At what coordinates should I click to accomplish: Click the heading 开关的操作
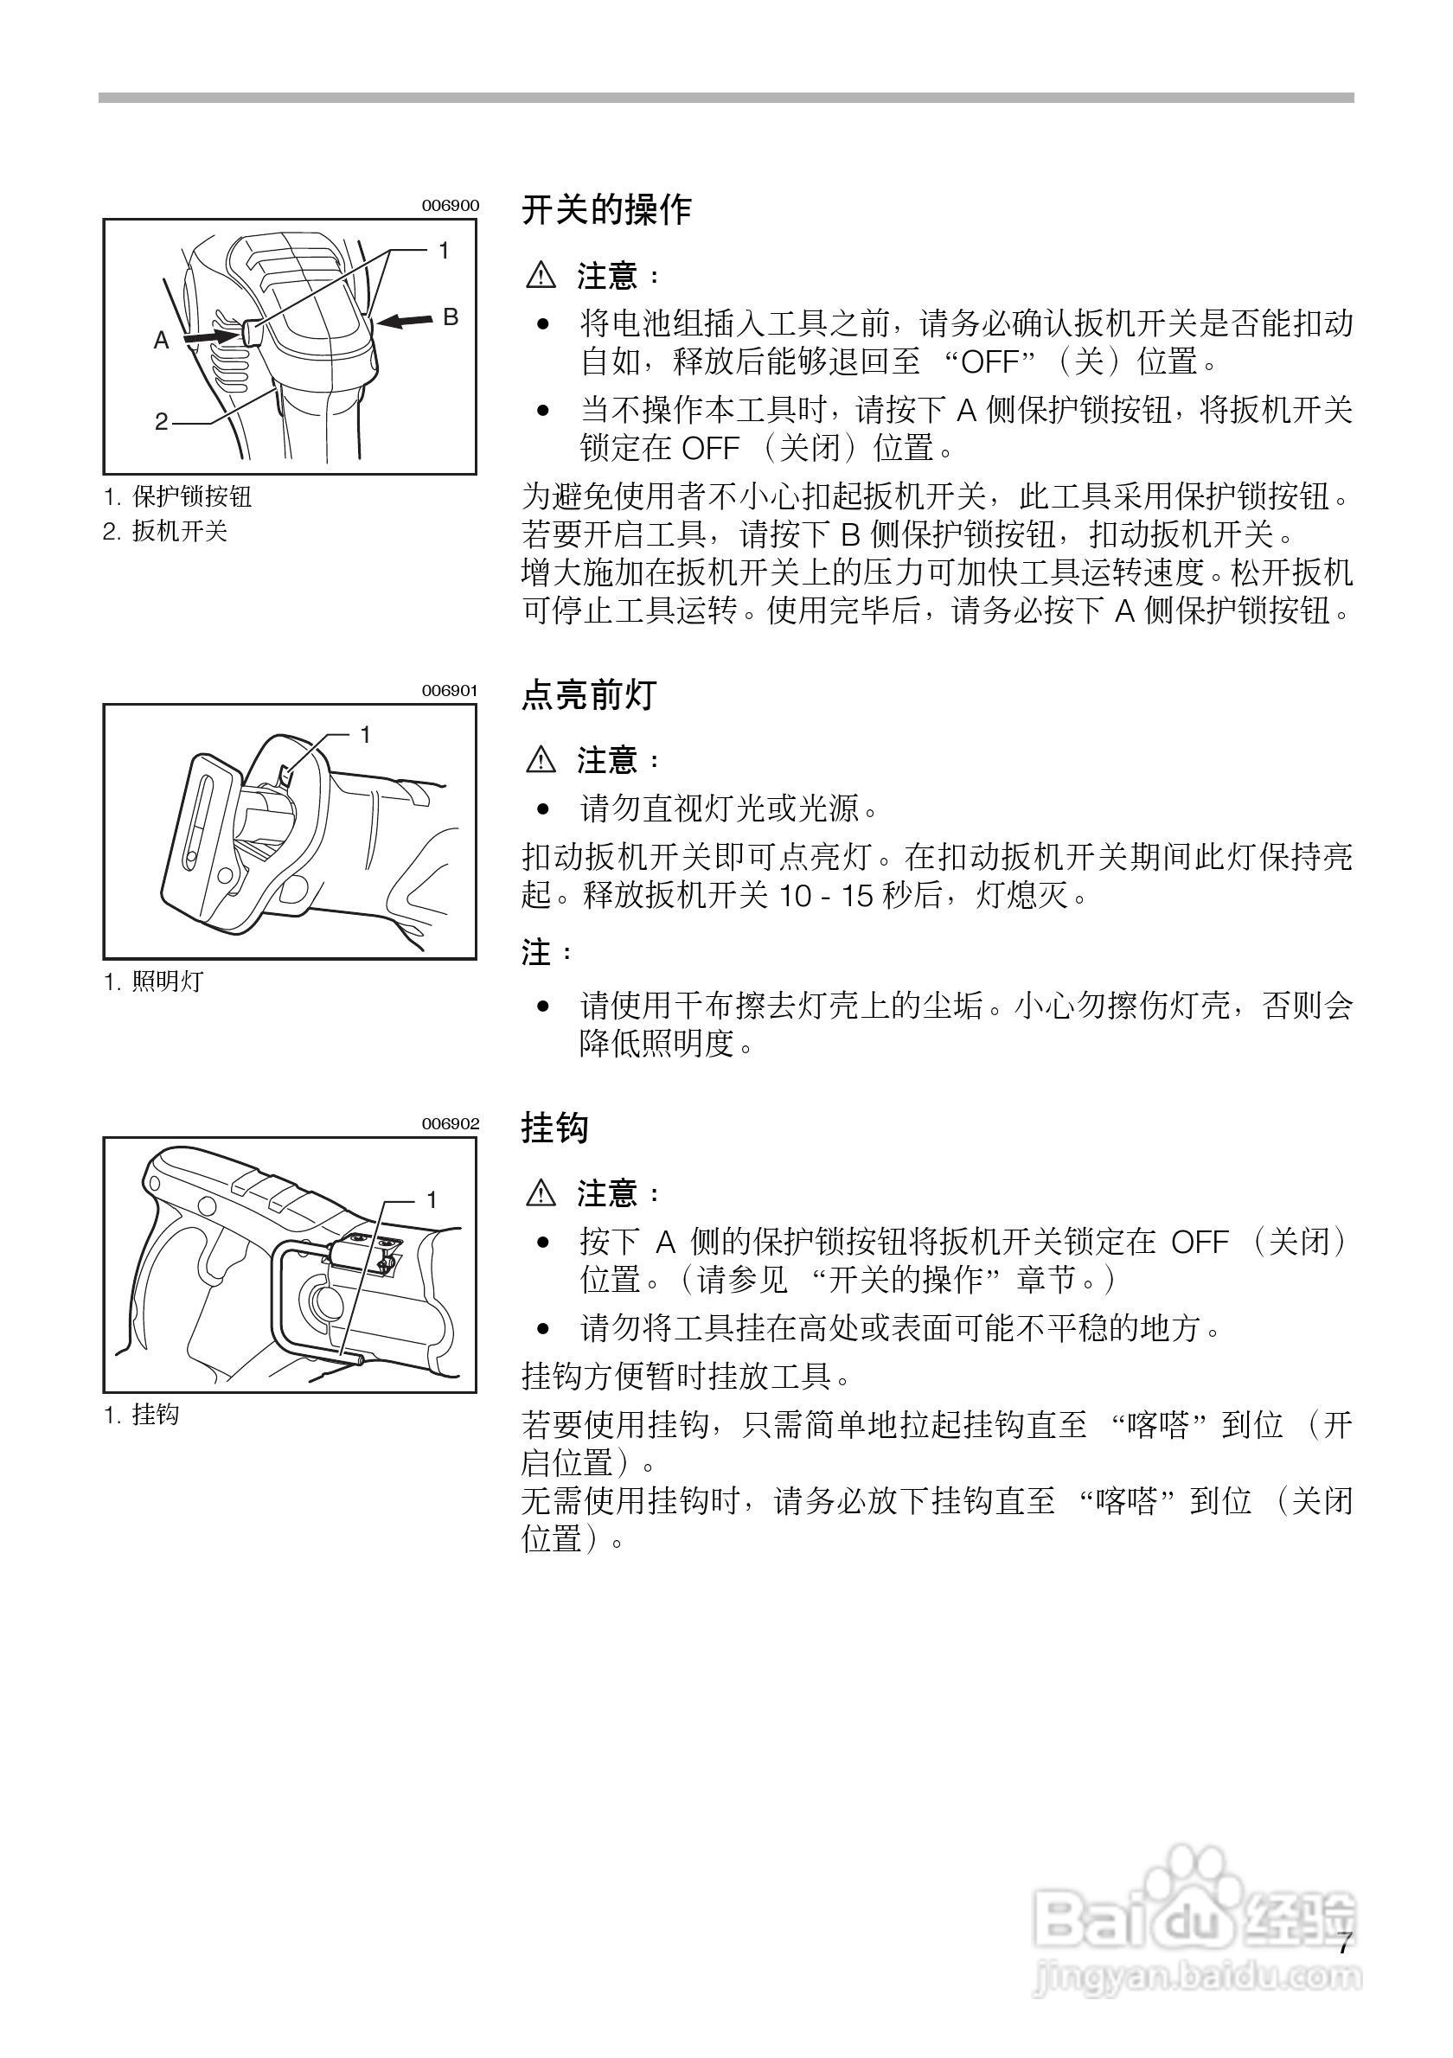[606, 210]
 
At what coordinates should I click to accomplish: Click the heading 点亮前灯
[589, 694]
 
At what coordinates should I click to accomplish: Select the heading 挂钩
[555, 1128]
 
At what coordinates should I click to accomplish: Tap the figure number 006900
[451, 205]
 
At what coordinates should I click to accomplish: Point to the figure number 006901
[451, 690]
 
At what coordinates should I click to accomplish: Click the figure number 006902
[451, 1124]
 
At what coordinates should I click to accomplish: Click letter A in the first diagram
[162, 341]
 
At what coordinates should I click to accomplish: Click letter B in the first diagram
[451, 316]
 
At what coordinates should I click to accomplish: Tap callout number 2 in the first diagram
[162, 420]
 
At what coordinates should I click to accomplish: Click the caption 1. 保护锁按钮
[177, 495]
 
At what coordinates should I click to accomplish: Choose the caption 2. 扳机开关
[165, 532]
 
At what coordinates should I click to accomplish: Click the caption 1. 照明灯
[153, 981]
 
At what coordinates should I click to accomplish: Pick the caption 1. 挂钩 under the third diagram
[142, 1415]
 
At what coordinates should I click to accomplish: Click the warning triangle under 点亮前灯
[541, 761]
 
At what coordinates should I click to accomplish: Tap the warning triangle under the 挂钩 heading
[541, 1194]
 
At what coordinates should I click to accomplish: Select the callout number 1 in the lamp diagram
[365, 735]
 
